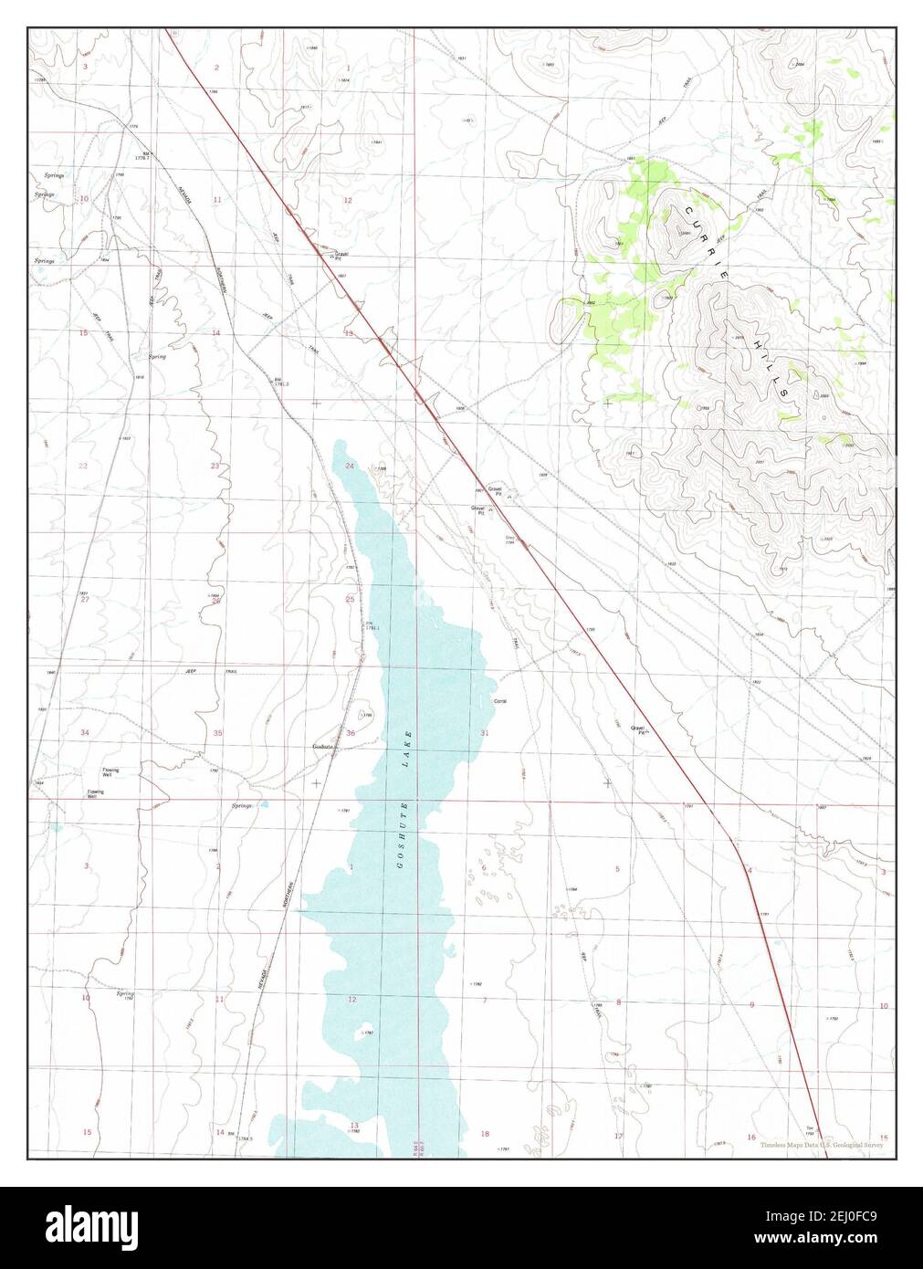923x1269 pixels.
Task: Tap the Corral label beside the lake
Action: pyautogui.click(x=499, y=701)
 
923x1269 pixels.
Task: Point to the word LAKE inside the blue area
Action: pyautogui.click(x=407, y=746)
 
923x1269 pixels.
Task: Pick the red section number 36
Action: pyautogui.click(x=351, y=733)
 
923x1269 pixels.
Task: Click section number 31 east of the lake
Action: pyautogui.click(x=484, y=733)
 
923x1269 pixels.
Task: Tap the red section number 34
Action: pyautogui.click(x=85, y=733)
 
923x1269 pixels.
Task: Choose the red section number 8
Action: pyautogui.click(x=618, y=1002)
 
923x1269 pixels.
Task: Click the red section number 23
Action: pyautogui.click(x=215, y=466)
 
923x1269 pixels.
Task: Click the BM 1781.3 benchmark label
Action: pyautogui.click(x=280, y=382)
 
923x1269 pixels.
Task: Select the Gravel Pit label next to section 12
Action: pyautogui.click(x=341, y=256)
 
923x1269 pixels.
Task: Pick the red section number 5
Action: pyautogui.click(x=618, y=868)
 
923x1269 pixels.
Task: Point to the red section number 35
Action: pyautogui.click(x=217, y=733)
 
